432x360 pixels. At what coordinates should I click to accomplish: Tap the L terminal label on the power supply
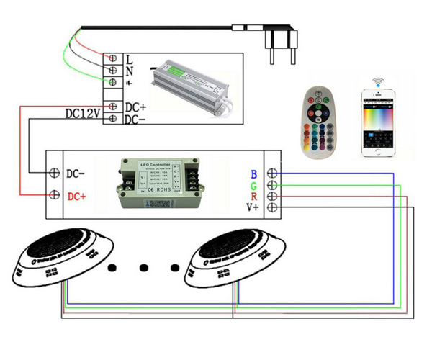tap(129, 58)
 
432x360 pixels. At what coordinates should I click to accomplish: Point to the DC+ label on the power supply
tap(136, 107)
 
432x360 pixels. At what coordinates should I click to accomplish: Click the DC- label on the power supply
tap(136, 120)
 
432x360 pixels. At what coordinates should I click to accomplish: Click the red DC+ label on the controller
tap(78, 195)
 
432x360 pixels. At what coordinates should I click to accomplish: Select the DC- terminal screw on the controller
tap(54, 174)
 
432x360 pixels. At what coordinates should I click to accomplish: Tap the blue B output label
tap(253, 174)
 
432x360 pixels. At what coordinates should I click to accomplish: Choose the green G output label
tap(253, 185)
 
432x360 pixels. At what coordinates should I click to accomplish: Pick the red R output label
tap(253, 197)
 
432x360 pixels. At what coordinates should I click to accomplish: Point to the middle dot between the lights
tap(142, 267)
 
